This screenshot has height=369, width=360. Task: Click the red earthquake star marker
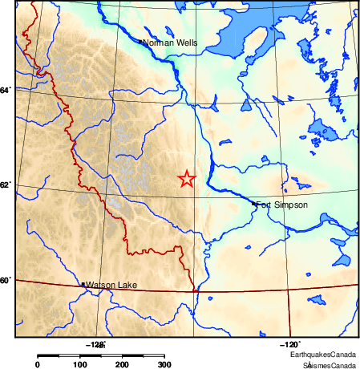[186, 179]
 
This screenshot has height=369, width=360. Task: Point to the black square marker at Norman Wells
[140, 42]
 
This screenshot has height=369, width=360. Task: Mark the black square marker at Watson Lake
[83, 284]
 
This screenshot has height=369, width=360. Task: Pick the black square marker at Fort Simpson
[254, 204]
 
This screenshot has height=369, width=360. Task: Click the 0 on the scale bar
[38, 365]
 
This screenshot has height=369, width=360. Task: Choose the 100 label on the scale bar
[79, 365]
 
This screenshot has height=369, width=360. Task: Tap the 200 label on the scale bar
[122, 365]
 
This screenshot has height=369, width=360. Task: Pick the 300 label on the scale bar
[164, 365]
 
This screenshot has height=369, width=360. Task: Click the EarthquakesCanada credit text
[323, 354]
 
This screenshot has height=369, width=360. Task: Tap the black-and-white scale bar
[100, 355]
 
